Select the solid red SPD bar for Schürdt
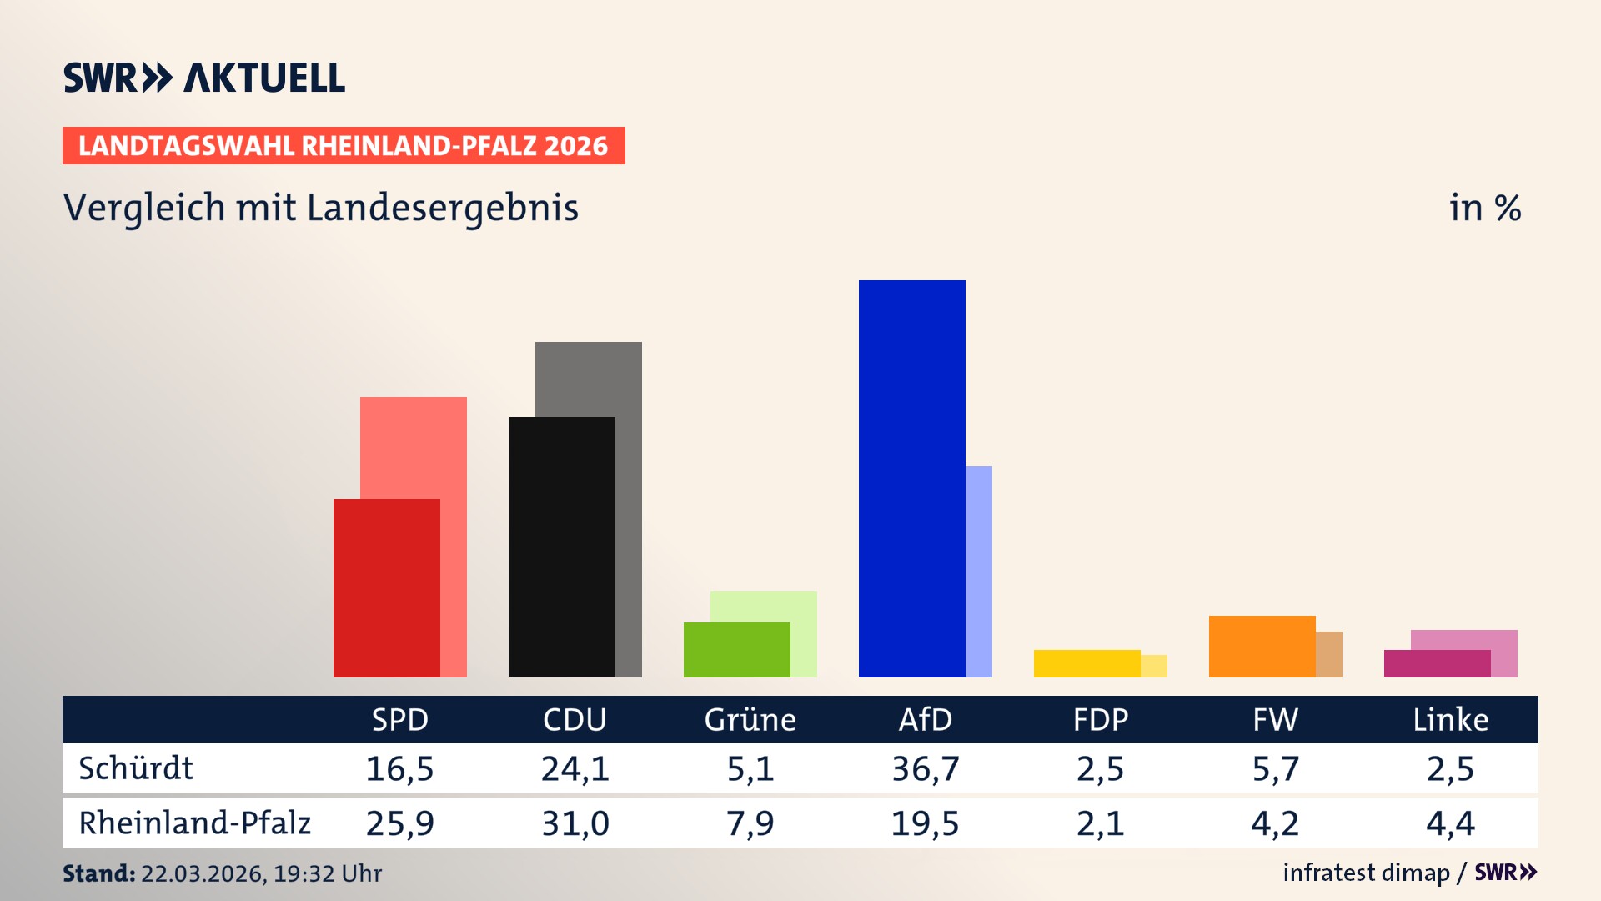click(x=386, y=587)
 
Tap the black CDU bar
click(x=561, y=546)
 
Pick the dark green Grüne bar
click(x=736, y=649)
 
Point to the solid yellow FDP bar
click(x=1087, y=663)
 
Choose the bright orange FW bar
click(x=1262, y=646)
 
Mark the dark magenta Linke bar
click(x=1437, y=663)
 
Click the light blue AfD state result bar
click(x=979, y=571)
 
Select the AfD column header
click(x=925, y=719)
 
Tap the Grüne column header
click(x=750, y=719)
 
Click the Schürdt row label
click(x=136, y=768)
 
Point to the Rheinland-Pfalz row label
click(x=194, y=823)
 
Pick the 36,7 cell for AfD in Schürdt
click(x=925, y=768)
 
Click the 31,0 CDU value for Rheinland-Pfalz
click(x=575, y=823)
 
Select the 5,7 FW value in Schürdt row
click(x=1275, y=768)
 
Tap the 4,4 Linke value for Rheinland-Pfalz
click(x=1450, y=823)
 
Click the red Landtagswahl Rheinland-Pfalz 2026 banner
click(x=344, y=145)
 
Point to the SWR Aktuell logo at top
click(x=204, y=78)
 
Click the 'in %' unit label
click(x=1484, y=208)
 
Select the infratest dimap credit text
click(x=1366, y=873)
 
